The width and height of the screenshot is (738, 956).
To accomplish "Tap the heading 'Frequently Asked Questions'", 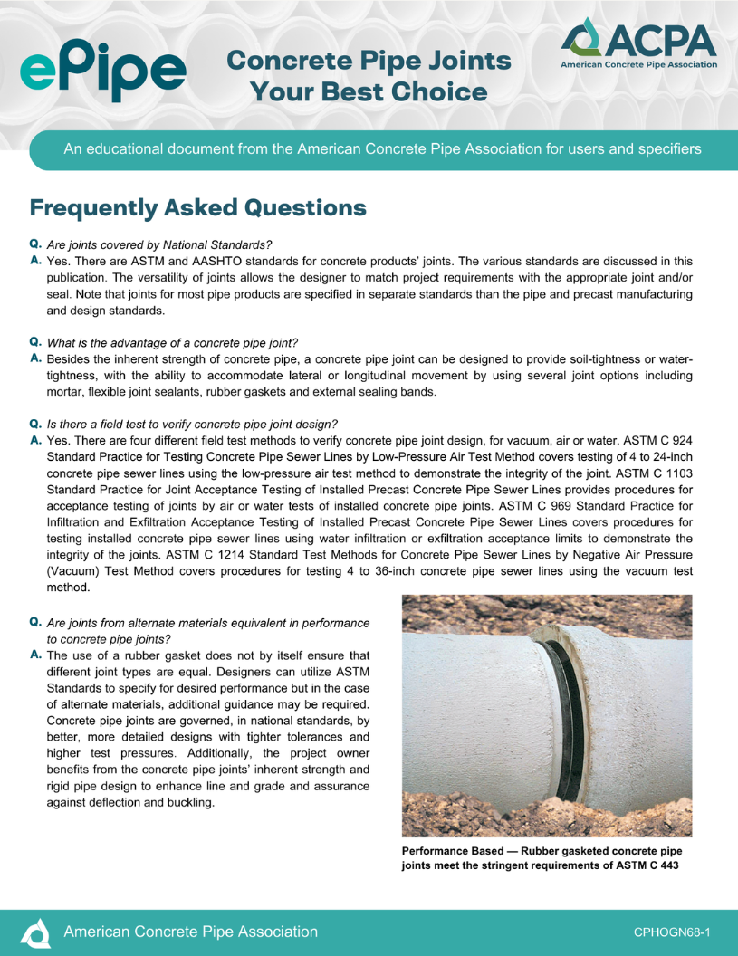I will [x=197, y=208].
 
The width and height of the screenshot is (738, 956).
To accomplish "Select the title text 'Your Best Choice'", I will [x=368, y=91].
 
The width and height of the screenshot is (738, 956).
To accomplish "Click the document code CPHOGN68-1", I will [x=671, y=932].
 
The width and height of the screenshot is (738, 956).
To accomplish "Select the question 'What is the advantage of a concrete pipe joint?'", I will [x=172, y=342].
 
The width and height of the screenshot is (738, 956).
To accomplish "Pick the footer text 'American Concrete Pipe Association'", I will [x=190, y=932].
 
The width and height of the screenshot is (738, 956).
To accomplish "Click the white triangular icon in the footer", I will [x=35, y=932].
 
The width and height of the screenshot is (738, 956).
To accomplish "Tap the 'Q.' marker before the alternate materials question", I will [x=35, y=623].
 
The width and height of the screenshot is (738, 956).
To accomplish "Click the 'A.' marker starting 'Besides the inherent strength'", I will [x=35, y=359].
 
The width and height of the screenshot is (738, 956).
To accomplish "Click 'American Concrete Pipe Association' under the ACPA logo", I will [x=638, y=65].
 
